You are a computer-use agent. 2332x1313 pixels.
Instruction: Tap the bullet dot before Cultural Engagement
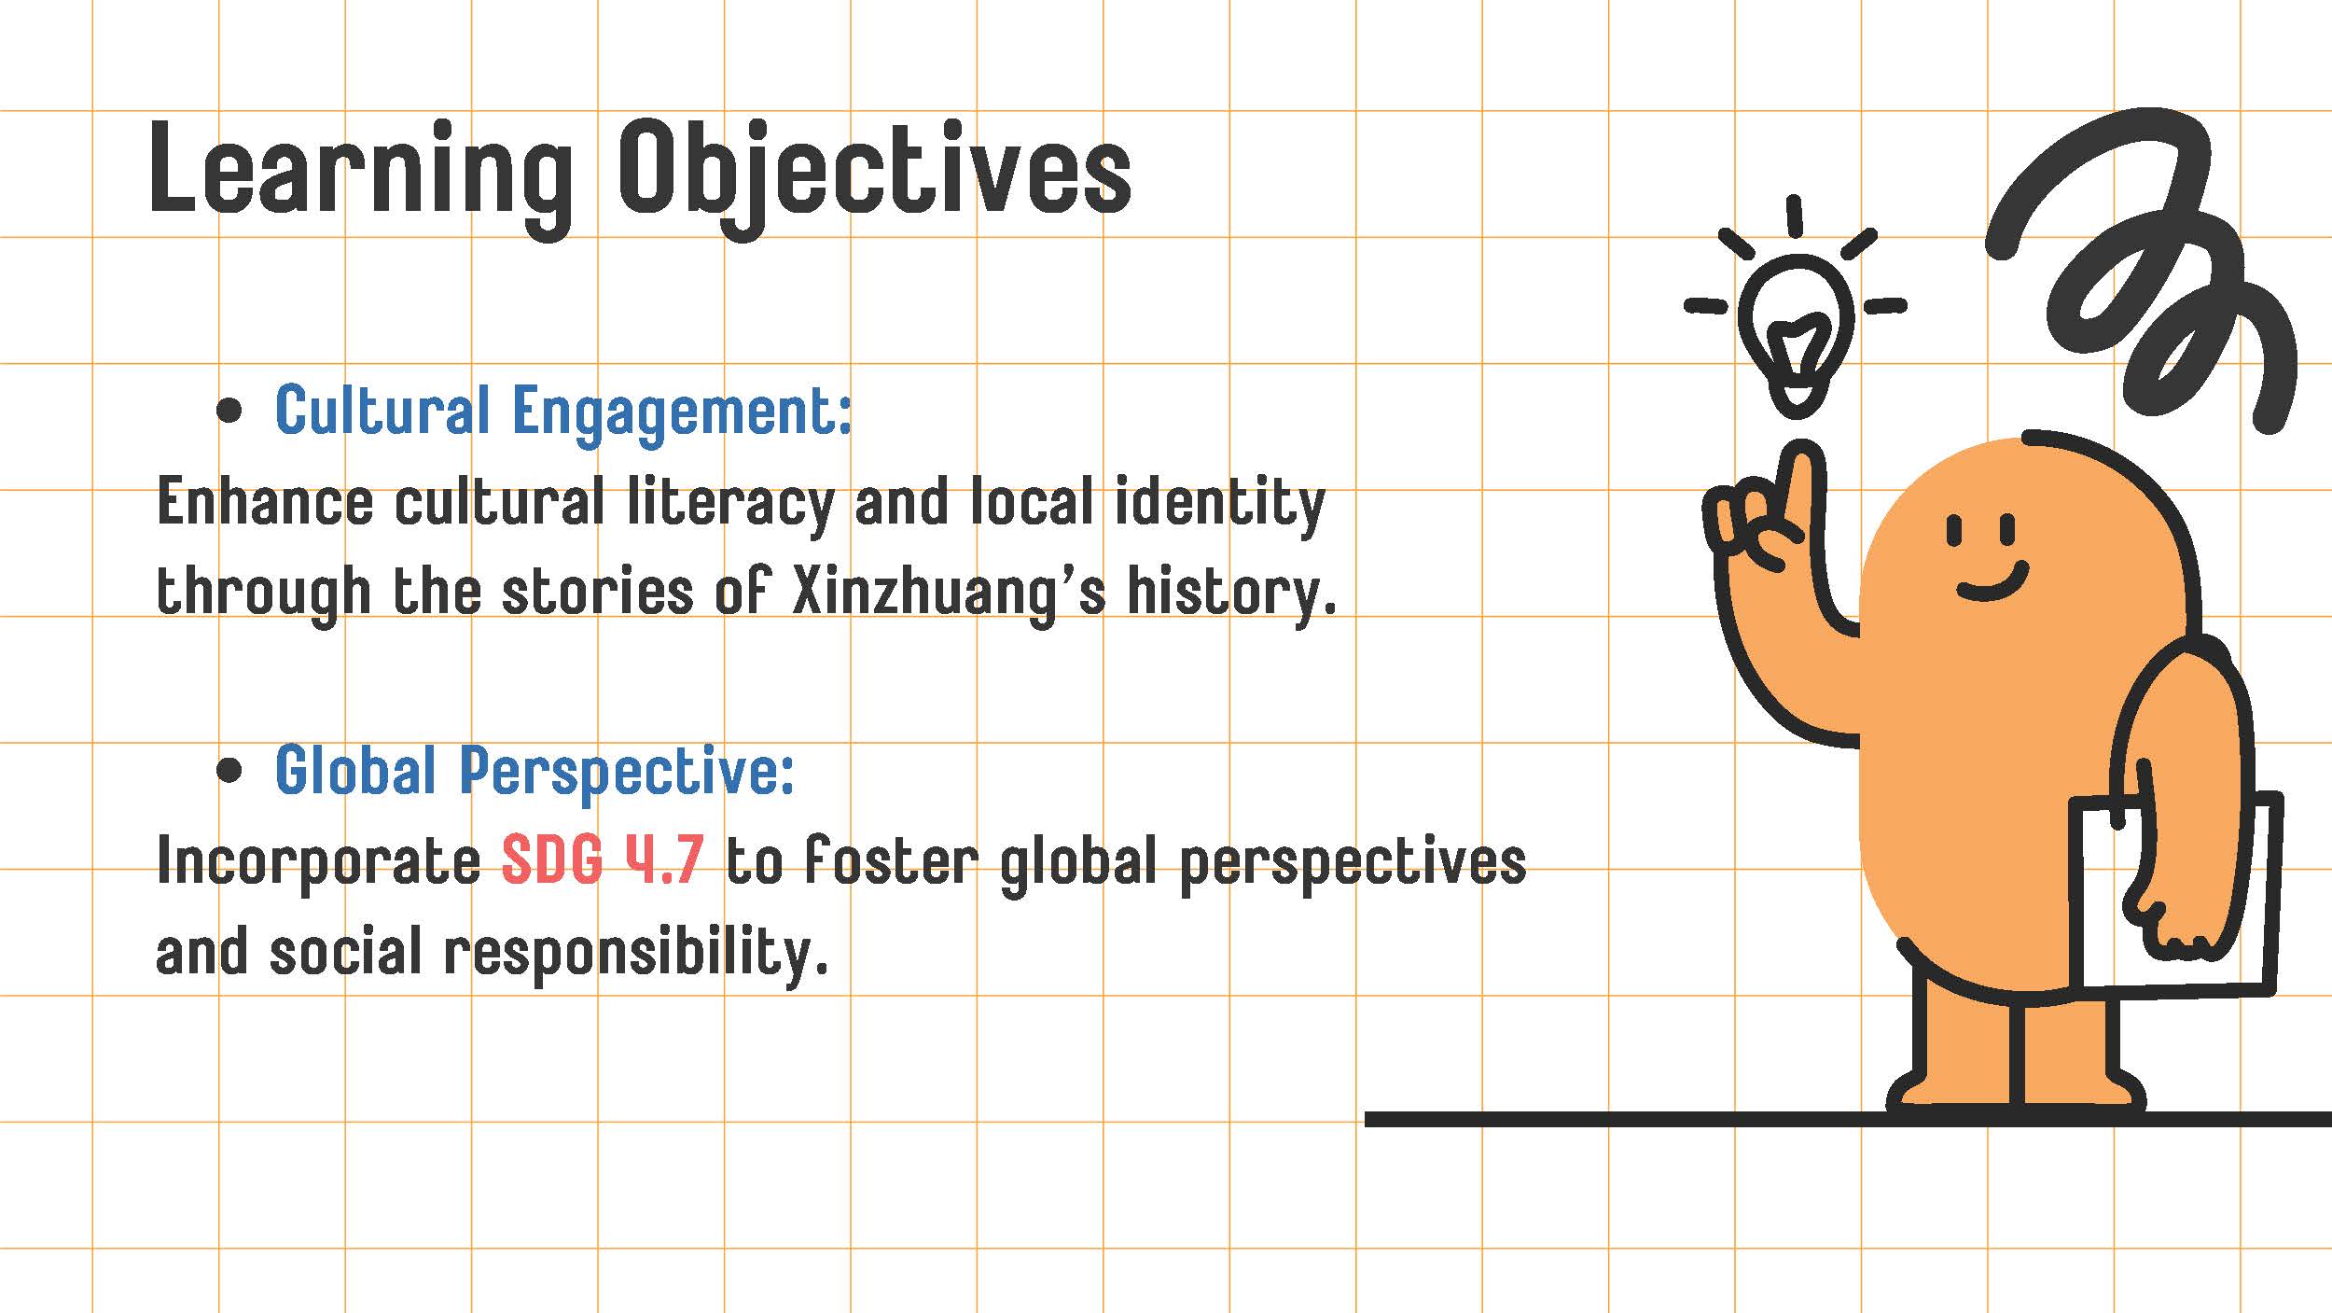click(x=229, y=411)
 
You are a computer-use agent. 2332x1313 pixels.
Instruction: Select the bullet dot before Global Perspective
click(x=229, y=771)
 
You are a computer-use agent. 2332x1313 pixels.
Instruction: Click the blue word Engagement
click(x=682, y=413)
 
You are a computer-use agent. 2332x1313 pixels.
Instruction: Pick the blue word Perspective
click(x=627, y=773)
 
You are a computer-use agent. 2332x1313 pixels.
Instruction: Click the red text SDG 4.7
click(x=603, y=860)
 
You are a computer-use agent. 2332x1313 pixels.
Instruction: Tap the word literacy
click(x=730, y=504)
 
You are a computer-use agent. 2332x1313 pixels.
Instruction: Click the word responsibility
click(x=636, y=954)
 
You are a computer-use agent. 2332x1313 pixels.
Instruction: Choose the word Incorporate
click(x=319, y=862)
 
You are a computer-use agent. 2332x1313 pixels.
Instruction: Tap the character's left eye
click(x=1955, y=531)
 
